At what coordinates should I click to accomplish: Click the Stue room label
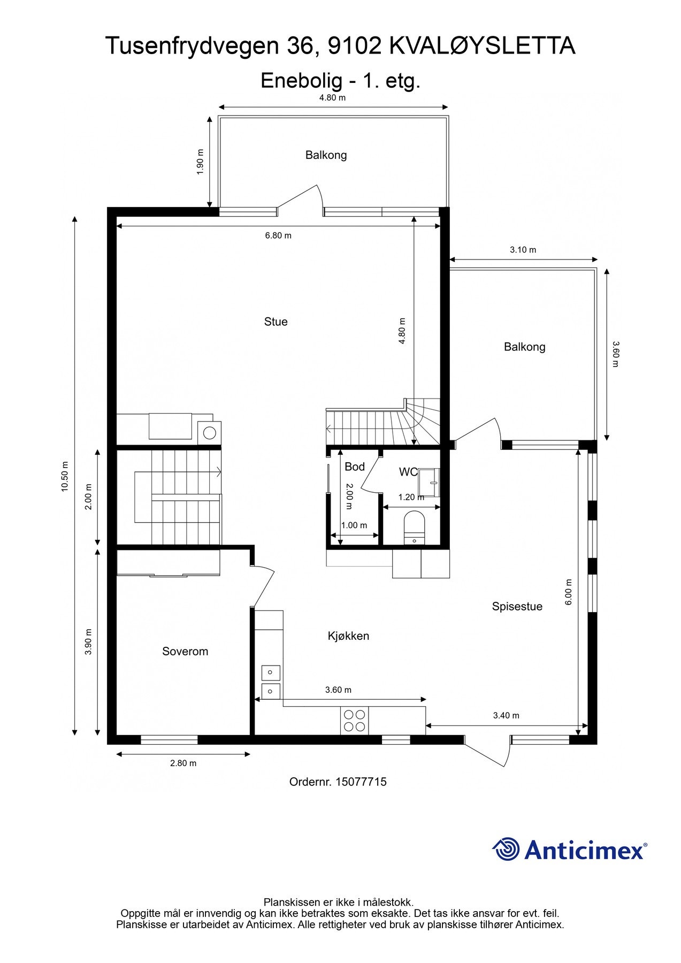(276, 322)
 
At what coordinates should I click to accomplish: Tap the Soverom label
(185, 651)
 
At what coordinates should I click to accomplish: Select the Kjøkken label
(348, 636)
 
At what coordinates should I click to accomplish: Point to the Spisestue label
(517, 606)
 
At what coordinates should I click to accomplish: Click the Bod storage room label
(354, 467)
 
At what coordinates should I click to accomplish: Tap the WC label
(408, 472)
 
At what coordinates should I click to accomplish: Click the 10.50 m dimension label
(65, 476)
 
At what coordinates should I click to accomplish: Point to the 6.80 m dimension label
(278, 235)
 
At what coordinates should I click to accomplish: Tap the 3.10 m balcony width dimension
(523, 250)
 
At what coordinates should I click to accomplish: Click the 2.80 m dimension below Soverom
(183, 763)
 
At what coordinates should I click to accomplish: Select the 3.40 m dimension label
(506, 715)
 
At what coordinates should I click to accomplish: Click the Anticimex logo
(569, 850)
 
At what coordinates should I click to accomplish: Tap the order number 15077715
(361, 782)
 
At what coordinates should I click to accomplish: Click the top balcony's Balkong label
(326, 155)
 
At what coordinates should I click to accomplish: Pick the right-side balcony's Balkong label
(524, 347)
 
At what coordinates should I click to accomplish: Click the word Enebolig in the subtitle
(301, 81)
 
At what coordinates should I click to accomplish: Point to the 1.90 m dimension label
(200, 162)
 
